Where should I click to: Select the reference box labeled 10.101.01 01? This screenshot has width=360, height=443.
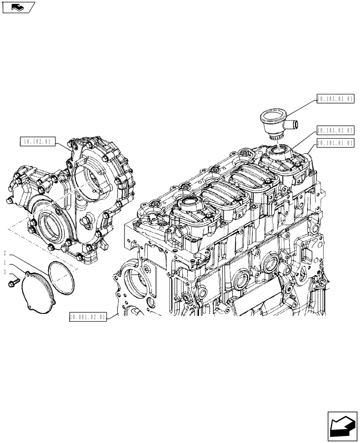pos(335,143)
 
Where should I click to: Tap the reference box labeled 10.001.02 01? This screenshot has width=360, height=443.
pos(88,317)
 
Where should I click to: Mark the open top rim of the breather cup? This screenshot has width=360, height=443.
pos(273,117)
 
